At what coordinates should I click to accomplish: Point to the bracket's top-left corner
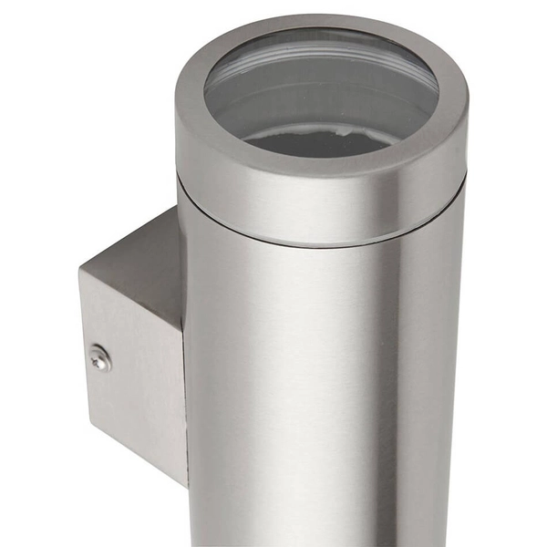[x=79, y=271]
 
